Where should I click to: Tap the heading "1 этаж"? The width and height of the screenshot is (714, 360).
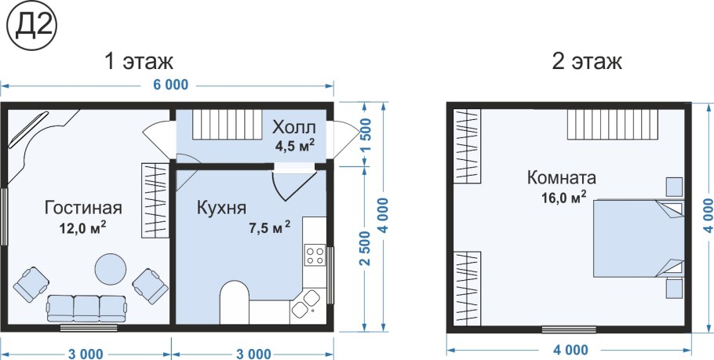click(x=140, y=61)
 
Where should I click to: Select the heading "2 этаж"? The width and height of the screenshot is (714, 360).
click(x=587, y=61)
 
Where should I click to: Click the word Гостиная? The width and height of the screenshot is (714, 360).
click(x=83, y=208)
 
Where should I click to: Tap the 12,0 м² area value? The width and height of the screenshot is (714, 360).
click(x=83, y=227)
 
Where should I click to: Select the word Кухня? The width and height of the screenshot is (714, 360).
click(x=221, y=208)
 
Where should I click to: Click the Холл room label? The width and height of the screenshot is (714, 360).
click(x=293, y=128)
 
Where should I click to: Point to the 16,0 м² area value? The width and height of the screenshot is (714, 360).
click(x=563, y=197)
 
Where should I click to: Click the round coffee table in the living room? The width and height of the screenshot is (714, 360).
click(x=110, y=268)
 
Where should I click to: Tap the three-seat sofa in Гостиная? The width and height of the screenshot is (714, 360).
click(x=86, y=308)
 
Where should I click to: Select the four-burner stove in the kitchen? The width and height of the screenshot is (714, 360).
click(x=315, y=256)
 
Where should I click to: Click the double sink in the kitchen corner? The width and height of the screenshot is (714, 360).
click(x=305, y=304)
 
